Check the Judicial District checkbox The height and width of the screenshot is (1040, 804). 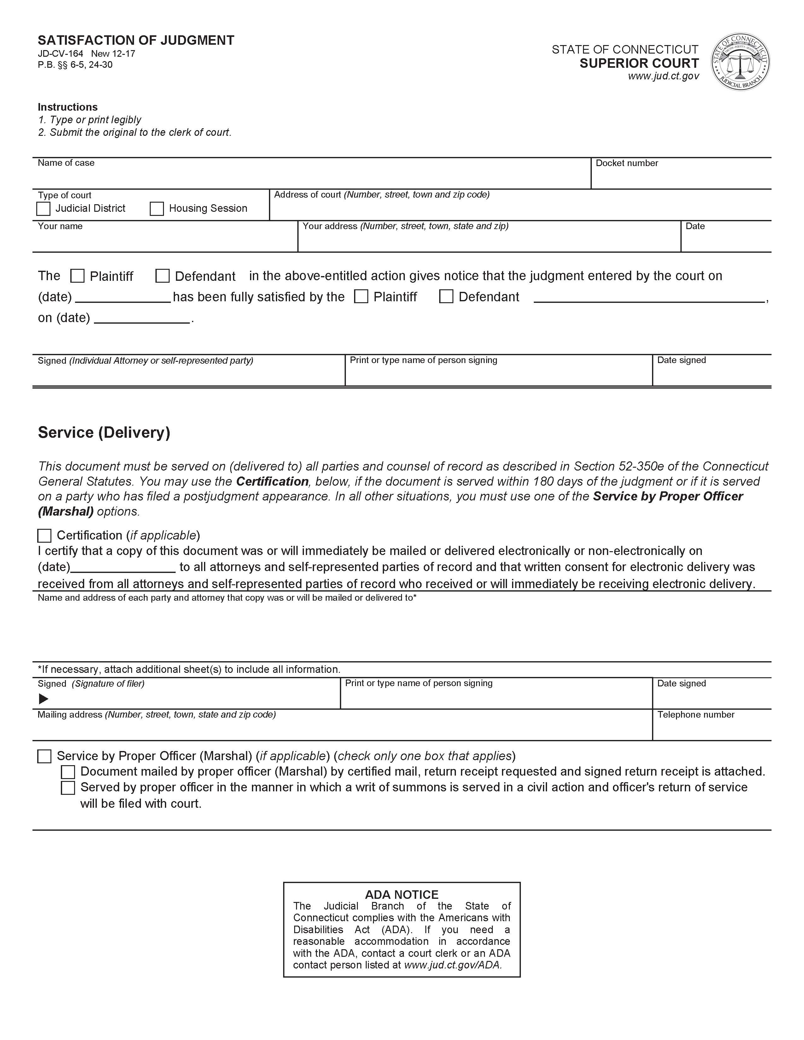click(43, 209)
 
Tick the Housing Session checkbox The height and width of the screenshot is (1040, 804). click(157, 209)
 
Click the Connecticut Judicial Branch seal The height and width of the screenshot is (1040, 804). click(740, 62)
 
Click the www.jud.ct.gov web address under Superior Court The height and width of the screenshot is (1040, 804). click(663, 76)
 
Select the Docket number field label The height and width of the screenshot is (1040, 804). click(626, 163)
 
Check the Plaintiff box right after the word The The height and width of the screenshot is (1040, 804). click(77, 276)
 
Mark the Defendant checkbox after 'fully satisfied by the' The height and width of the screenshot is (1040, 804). click(446, 297)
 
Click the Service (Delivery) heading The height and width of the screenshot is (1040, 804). click(104, 432)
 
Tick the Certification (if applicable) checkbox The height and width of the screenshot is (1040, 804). click(44, 536)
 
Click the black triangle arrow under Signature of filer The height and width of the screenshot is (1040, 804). click(43, 699)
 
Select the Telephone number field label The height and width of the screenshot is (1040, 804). click(696, 715)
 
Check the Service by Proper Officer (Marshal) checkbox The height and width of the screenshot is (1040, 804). click(44, 756)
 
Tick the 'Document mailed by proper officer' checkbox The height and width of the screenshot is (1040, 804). click(68, 772)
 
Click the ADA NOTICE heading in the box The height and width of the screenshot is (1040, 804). click(401, 894)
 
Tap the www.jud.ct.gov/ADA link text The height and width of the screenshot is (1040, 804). click(452, 965)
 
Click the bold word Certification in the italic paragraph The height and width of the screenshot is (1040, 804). click(272, 482)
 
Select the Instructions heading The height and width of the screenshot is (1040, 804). click(68, 107)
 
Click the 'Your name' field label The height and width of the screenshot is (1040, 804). click(60, 226)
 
